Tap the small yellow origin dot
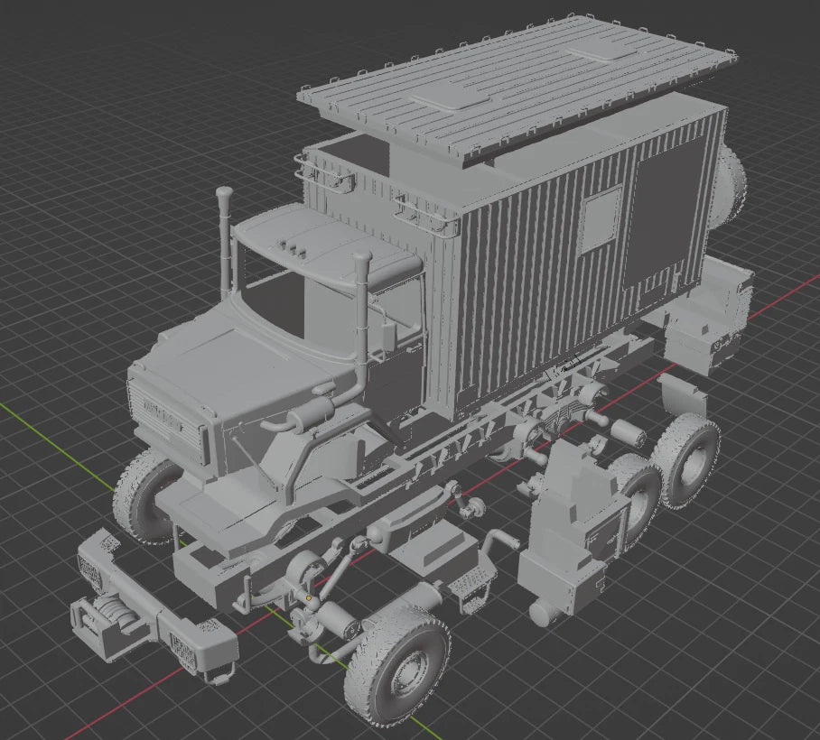[x=309, y=597]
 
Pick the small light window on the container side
[x=600, y=219]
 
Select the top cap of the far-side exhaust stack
[x=224, y=193]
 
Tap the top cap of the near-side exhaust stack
[x=361, y=259]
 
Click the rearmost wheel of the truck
[x=689, y=460]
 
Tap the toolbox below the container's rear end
[x=704, y=343]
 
